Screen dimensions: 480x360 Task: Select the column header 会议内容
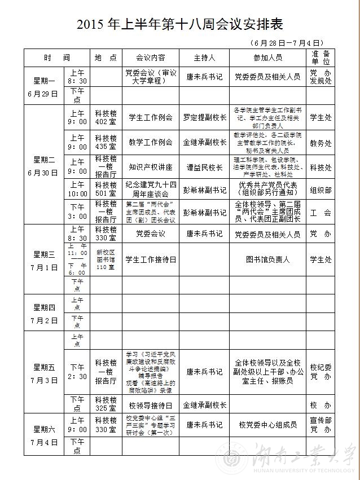(151, 58)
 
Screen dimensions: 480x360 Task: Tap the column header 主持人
(204, 58)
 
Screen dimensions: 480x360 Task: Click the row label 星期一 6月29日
(45, 86)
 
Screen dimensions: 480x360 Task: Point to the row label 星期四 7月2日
(45, 313)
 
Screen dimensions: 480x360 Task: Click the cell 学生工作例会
(151, 117)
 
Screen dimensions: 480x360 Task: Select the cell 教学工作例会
(151, 142)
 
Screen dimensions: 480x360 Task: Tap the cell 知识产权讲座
(151, 167)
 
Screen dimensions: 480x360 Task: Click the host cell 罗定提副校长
(204, 117)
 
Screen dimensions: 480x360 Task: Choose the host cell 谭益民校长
(204, 167)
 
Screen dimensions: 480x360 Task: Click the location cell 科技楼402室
(106, 117)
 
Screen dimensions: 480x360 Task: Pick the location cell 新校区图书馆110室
(106, 259)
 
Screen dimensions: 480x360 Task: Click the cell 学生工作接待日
(151, 259)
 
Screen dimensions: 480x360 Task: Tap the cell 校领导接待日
(151, 405)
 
